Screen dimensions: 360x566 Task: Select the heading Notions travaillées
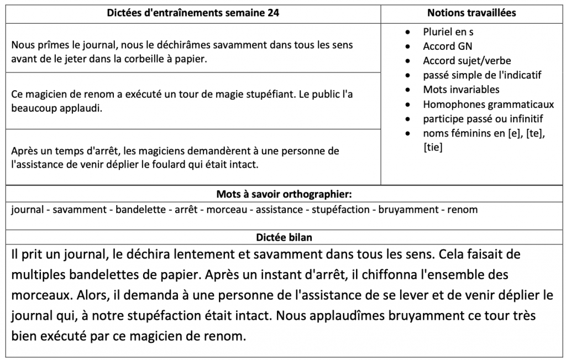point(471,13)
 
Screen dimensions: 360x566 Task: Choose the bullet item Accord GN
point(448,46)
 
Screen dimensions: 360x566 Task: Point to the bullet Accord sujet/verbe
point(467,61)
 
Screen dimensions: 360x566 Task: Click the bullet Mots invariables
point(461,90)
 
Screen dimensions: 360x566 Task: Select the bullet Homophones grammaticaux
point(488,104)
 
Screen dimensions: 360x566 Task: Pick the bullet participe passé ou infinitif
point(483,118)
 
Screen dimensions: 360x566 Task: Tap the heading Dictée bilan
point(284,237)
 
